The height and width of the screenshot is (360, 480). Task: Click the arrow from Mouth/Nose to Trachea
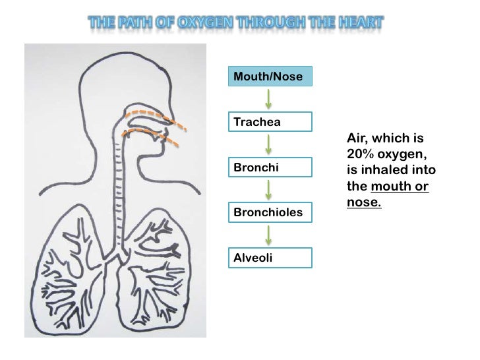(x=268, y=100)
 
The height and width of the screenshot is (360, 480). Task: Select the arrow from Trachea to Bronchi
(x=268, y=145)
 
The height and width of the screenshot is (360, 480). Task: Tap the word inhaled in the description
(x=384, y=170)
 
